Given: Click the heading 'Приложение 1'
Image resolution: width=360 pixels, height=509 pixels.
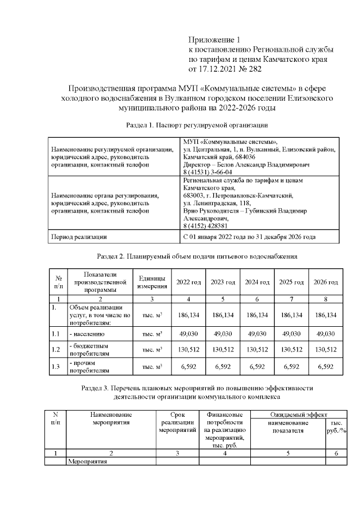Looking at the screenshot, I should tap(214, 40).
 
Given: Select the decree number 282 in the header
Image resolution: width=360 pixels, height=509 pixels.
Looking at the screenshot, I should tap(253, 69).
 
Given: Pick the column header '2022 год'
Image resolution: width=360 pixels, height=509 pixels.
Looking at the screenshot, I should tap(188, 282).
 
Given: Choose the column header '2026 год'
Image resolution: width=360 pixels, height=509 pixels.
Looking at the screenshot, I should tap(326, 282).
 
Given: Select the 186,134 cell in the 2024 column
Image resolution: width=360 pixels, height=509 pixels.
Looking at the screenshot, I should tap(257, 316).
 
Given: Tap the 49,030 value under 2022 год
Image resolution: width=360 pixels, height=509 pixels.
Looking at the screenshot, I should tap(188, 334).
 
